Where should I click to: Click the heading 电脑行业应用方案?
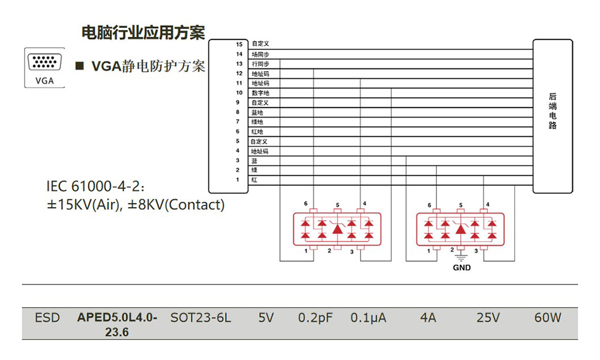click(x=143, y=32)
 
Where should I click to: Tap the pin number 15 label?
click(x=239, y=44)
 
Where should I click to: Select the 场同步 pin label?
click(x=260, y=54)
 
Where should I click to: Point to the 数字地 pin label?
click(x=260, y=93)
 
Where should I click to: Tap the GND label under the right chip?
click(x=461, y=268)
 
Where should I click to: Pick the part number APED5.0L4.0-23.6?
click(x=117, y=324)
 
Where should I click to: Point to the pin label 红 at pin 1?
click(x=254, y=180)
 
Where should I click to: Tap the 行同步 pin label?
click(x=260, y=64)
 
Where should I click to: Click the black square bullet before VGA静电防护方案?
click(x=78, y=65)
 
